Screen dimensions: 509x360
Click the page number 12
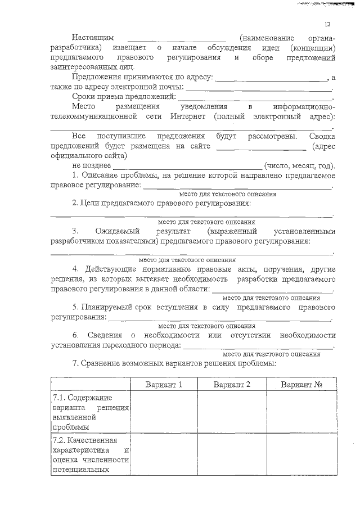point(327,24)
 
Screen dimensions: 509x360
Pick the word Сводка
point(322,137)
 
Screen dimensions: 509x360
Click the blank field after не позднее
point(187,166)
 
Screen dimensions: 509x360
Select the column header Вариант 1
point(164,384)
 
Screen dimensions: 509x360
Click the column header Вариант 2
point(232,384)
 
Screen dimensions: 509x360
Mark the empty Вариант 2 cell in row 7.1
point(232,413)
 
